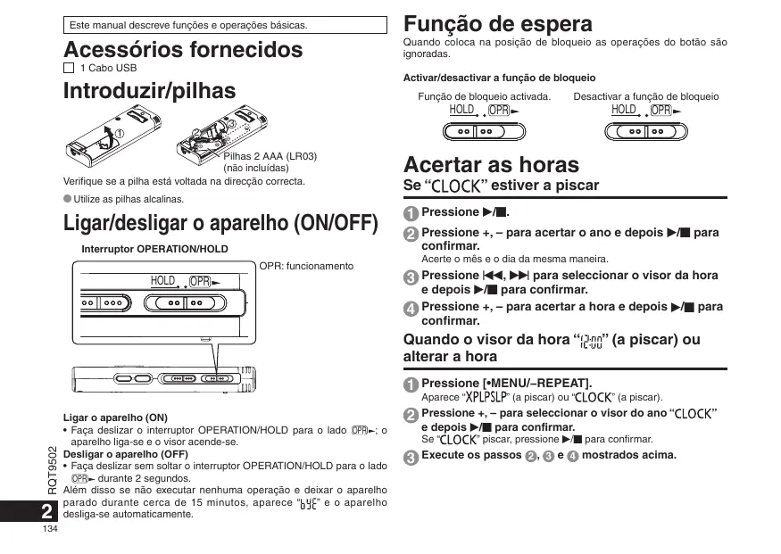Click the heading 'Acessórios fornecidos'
(x=183, y=50)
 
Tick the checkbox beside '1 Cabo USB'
(x=69, y=68)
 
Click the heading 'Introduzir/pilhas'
(x=150, y=90)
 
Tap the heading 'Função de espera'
(x=497, y=23)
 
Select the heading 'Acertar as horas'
(x=491, y=164)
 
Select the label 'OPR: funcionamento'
(x=306, y=266)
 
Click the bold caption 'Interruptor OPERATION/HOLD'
(x=154, y=249)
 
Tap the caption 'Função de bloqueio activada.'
(x=484, y=96)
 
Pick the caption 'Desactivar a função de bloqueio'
(x=645, y=96)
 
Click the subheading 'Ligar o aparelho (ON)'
(x=115, y=418)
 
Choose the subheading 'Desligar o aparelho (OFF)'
(x=125, y=453)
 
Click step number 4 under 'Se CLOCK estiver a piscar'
(x=410, y=309)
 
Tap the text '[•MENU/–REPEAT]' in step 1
(x=536, y=383)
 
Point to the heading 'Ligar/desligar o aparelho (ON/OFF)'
(x=220, y=222)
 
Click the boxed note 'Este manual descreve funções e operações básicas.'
(x=187, y=25)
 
